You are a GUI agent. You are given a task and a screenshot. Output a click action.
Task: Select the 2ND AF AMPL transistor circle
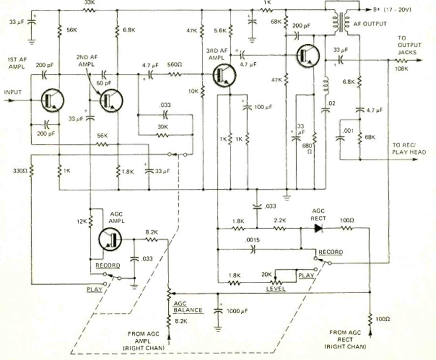pos(110,100)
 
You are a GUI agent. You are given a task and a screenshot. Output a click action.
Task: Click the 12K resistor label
pos(82,221)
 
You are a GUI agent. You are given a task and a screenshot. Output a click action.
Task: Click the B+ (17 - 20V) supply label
pos(388,9)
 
